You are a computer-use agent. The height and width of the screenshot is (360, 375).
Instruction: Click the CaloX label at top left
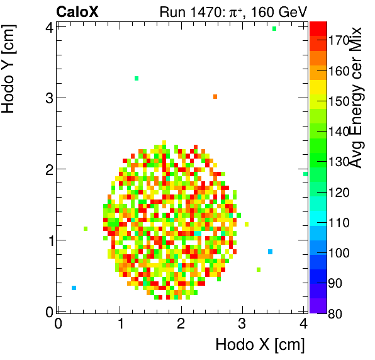pyautogui.click(x=77, y=11)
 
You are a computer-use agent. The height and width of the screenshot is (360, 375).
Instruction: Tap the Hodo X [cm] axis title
pyautogui.click(x=259, y=344)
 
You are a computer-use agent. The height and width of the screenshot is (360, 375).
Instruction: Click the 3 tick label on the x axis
pyautogui.click(x=242, y=323)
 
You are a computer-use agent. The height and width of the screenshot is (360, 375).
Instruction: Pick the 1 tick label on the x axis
pyautogui.click(x=120, y=323)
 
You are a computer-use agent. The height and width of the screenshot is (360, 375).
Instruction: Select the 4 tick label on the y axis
pyautogui.click(x=48, y=27)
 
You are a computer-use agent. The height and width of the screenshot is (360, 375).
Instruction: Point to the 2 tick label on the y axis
pyautogui.click(x=48, y=169)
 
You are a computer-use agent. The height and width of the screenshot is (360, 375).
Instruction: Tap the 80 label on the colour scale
pyautogui.click(x=336, y=313)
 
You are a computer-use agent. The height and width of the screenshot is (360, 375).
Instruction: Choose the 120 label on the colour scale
pyautogui.click(x=339, y=192)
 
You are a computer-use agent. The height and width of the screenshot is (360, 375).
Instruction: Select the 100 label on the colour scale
pyautogui.click(x=339, y=252)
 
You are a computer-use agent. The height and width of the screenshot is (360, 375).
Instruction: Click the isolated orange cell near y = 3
pyautogui.click(x=215, y=96)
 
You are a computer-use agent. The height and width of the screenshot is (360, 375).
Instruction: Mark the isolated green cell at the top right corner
pyautogui.click(x=274, y=28)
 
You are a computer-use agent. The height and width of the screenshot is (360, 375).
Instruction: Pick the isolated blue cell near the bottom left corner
pyautogui.click(x=74, y=288)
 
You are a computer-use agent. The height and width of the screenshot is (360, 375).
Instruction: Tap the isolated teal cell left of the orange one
pyautogui.click(x=136, y=78)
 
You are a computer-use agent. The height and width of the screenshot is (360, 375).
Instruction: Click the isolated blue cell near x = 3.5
pyautogui.click(x=270, y=252)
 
